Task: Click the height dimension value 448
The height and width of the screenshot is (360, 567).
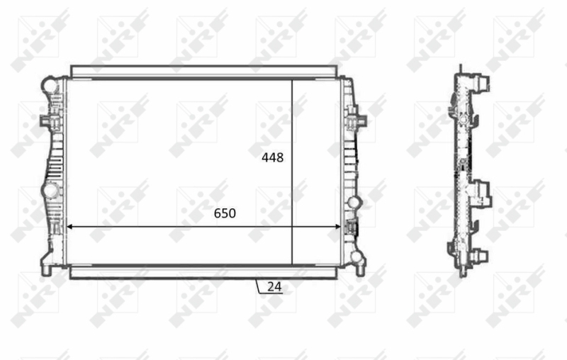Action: [x=272, y=158]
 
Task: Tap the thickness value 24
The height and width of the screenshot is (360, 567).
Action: [x=274, y=286]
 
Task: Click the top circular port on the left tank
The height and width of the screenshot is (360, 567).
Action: [x=49, y=84]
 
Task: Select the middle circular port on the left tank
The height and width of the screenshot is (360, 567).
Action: [x=50, y=191]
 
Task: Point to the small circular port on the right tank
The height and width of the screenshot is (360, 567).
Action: [x=353, y=203]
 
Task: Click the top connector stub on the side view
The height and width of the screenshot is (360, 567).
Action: [x=482, y=83]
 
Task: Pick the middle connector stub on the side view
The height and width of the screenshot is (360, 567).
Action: [x=481, y=190]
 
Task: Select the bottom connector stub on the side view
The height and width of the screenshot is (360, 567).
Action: [x=480, y=258]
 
